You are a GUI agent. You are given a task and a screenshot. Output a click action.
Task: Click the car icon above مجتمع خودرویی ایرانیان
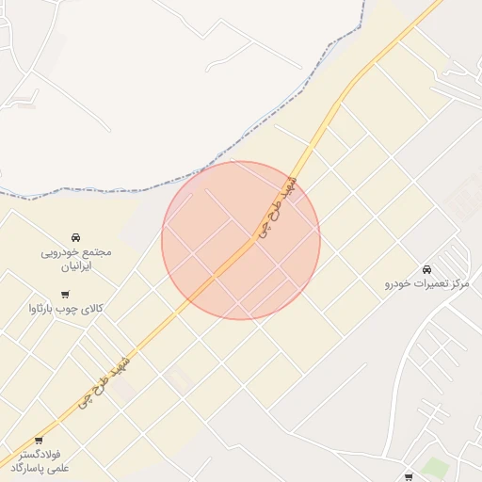click(75, 237)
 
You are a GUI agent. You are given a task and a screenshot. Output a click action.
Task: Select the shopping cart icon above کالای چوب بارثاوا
click(65, 295)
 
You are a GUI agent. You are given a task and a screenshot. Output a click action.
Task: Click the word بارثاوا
click(45, 309)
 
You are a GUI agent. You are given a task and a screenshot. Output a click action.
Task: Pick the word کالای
click(90, 309)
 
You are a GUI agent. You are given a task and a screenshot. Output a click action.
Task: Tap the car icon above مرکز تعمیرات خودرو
click(427, 269)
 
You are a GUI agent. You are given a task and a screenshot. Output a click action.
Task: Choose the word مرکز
click(460, 283)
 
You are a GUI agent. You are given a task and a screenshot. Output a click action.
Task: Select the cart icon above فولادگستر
click(39, 440)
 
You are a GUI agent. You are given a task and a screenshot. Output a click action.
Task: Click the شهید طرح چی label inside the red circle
click(275, 209)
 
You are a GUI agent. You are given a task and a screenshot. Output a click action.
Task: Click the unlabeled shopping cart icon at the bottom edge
click(408, 477)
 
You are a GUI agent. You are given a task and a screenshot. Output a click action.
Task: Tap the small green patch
click(434, 467)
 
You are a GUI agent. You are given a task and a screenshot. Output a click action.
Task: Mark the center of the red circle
click(241, 240)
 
